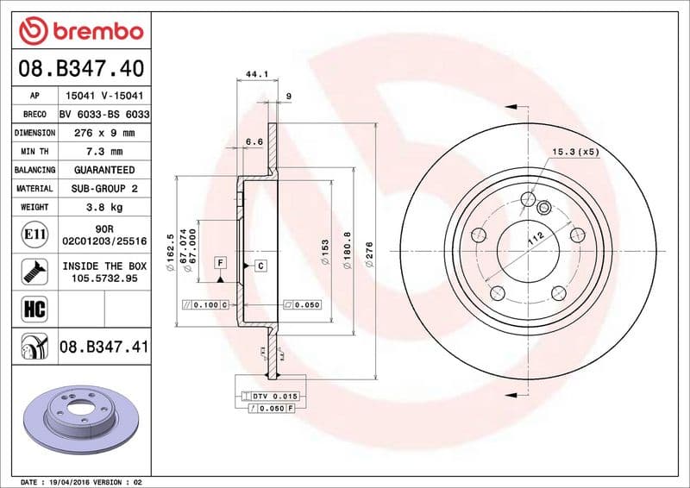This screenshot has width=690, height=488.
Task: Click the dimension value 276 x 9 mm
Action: [103, 134]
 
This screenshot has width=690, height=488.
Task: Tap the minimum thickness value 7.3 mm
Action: [103, 152]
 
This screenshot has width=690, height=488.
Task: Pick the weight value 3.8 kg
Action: [103, 207]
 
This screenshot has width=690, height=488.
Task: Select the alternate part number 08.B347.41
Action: [103, 347]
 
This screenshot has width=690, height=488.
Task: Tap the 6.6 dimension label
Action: [254, 141]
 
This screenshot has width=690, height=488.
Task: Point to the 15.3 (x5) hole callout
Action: [575, 152]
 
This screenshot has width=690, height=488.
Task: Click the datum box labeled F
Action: [221, 261]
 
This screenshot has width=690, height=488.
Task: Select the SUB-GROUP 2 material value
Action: [103, 188]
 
